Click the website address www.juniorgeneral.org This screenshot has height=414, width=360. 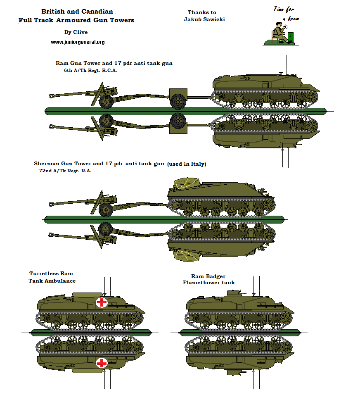(78, 42)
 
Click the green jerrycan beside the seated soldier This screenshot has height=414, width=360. (291, 37)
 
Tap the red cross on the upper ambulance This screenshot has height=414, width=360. (102, 302)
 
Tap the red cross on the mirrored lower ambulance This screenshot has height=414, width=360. (102, 363)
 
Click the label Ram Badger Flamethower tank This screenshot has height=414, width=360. (208, 279)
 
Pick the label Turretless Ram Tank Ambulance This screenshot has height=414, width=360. (52, 277)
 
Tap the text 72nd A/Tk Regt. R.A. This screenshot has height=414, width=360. (63, 171)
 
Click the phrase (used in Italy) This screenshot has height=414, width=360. (186, 164)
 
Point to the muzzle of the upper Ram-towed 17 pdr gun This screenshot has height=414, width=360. (50, 97)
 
